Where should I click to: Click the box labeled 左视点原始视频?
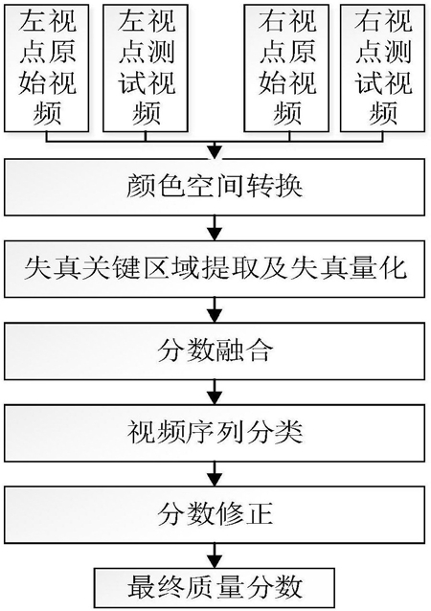46,68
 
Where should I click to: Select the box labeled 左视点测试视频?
146,68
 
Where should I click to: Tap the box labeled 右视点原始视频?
286,68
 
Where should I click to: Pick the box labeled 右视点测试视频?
383,68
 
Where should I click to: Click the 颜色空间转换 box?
215,187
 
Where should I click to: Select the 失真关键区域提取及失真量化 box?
215,269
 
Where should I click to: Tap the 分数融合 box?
215,351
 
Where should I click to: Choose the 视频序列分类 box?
215,433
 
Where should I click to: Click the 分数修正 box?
215,514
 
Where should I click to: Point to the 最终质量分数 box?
215,588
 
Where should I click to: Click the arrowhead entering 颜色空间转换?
215,152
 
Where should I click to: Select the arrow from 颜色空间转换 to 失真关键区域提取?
215,228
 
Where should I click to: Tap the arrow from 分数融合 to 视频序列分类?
215,392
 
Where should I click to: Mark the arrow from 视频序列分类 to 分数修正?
215,473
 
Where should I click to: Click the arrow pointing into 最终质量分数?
215,555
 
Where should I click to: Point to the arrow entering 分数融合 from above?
215,309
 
